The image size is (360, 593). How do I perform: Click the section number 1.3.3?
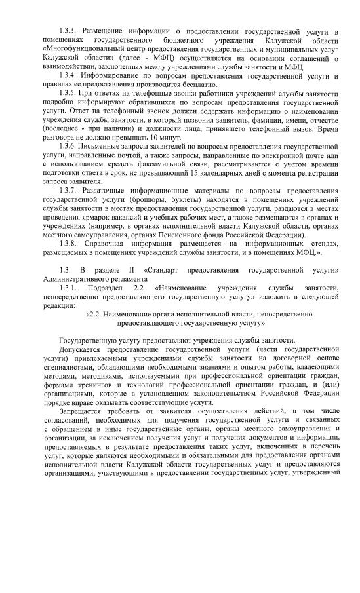click(x=69, y=31)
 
